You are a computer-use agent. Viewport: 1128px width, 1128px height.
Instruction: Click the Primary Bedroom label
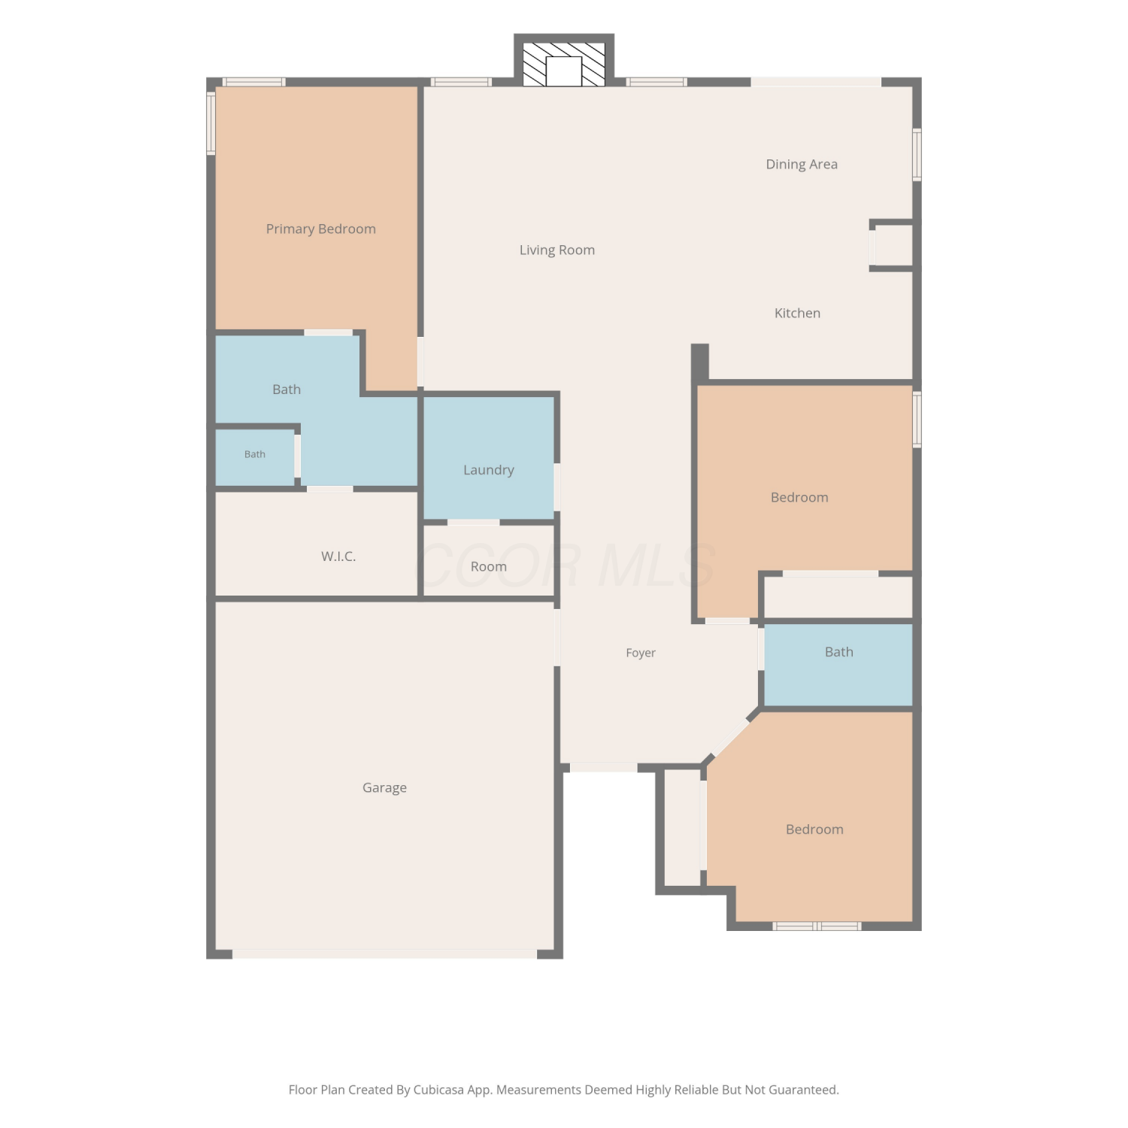click(x=321, y=229)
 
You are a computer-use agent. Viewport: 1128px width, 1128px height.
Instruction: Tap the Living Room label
click(x=557, y=250)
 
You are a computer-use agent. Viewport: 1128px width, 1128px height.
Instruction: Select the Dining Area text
click(x=802, y=165)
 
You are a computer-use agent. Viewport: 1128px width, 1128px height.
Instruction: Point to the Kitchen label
click(x=797, y=313)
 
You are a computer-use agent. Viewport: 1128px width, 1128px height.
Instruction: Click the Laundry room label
click(x=489, y=470)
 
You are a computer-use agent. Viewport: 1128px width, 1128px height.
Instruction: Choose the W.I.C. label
click(x=338, y=556)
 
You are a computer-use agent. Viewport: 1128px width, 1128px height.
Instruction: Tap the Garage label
click(x=384, y=788)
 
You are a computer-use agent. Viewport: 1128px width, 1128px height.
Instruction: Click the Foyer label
click(x=641, y=653)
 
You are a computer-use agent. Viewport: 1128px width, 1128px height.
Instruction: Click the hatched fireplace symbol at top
click(x=564, y=64)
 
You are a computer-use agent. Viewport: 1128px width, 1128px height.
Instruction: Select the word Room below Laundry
click(x=489, y=567)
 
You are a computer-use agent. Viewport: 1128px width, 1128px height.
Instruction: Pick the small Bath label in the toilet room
click(x=255, y=454)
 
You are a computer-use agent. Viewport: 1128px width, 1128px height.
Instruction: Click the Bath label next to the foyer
click(x=839, y=652)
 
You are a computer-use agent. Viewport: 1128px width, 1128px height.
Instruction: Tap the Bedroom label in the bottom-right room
click(x=814, y=829)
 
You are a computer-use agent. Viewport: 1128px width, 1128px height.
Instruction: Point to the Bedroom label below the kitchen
click(x=799, y=497)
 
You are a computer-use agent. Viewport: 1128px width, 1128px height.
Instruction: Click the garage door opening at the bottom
click(x=384, y=954)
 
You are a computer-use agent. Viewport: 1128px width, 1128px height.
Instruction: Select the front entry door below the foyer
click(x=604, y=768)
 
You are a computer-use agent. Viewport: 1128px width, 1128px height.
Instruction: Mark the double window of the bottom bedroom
click(x=817, y=926)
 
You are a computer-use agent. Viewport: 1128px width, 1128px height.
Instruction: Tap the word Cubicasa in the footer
click(x=438, y=1090)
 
